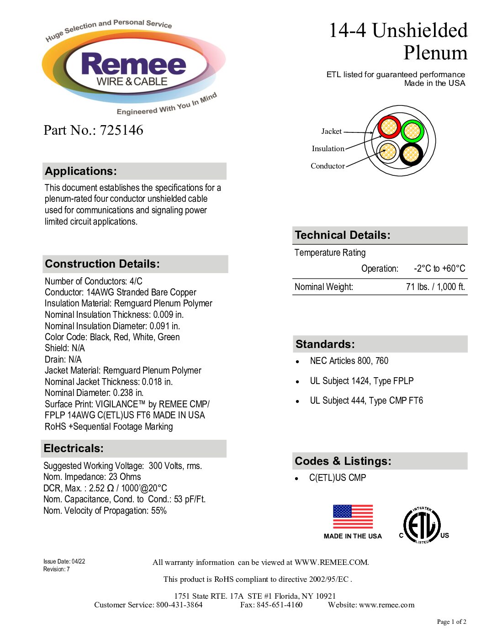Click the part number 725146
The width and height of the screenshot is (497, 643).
click(x=122, y=130)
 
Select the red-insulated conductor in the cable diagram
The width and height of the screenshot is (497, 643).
click(x=389, y=127)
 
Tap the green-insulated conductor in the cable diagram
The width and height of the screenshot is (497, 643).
click(x=412, y=132)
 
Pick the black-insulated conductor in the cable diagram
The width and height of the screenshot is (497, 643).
click(x=411, y=154)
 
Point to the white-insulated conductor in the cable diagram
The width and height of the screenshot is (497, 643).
click(x=388, y=151)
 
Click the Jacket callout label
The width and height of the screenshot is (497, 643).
click(x=331, y=132)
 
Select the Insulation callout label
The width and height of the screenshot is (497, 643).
click(x=328, y=148)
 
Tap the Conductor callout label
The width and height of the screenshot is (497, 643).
click(x=328, y=166)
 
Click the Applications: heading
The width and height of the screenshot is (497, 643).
click(x=81, y=171)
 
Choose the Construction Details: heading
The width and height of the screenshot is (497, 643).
click(x=102, y=264)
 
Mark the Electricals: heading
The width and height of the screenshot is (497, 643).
click(x=74, y=448)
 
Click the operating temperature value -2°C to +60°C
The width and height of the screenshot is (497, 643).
click(x=439, y=269)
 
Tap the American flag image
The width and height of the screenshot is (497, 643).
click(x=353, y=517)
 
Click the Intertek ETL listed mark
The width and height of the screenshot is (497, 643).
click(x=423, y=525)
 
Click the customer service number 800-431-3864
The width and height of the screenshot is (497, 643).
click(x=180, y=605)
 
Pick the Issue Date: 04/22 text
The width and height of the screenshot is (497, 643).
click(x=64, y=561)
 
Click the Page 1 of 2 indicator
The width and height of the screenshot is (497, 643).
click(x=451, y=622)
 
